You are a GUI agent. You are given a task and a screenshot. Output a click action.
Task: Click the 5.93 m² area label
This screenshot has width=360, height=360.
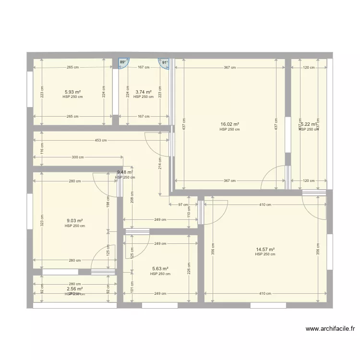72,92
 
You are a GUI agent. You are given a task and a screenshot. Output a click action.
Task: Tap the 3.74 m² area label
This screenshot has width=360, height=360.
144,92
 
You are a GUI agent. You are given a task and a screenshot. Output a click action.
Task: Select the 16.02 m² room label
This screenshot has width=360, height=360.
230,124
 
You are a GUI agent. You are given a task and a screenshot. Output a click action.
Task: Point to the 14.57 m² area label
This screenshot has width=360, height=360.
265,249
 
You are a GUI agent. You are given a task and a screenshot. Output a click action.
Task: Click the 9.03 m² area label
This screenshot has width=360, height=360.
74,221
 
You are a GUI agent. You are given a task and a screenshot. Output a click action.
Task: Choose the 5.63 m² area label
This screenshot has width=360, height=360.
160,269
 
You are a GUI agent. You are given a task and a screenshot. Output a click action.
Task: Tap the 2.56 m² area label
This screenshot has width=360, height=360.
75,289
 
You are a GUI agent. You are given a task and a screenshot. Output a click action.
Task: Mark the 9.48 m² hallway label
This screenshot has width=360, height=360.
125,172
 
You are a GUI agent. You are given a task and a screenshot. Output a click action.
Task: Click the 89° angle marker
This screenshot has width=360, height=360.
123,62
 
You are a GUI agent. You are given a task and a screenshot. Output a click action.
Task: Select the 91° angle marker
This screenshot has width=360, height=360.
165,62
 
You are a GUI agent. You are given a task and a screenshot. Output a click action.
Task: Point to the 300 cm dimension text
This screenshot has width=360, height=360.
77,157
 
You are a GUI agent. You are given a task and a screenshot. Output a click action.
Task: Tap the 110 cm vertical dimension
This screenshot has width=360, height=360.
189,212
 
